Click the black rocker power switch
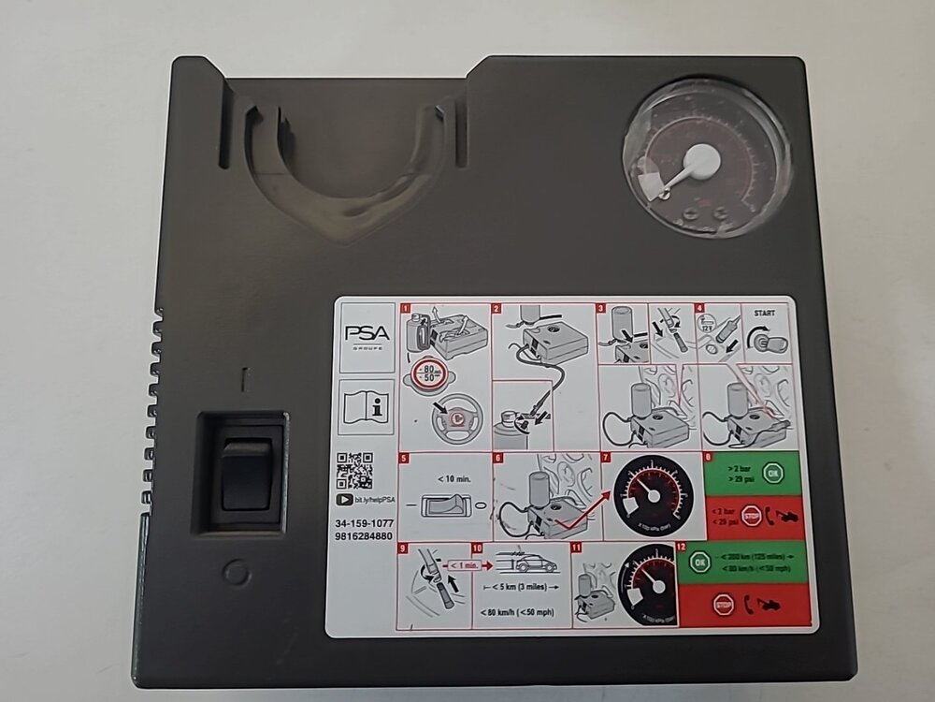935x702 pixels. pyautogui.click(x=245, y=474)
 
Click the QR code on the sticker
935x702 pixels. pyautogui.click(x=354, y=470)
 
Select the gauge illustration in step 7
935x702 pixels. pyautogui.click(x=653, y=496)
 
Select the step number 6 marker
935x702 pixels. pyautogui.click(x=497, y=458)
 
